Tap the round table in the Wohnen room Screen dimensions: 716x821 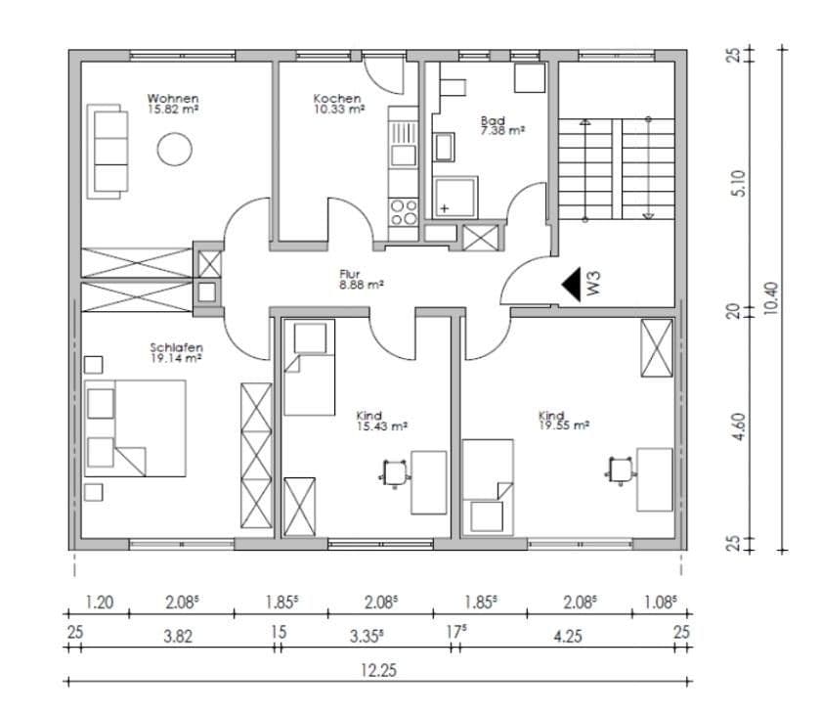pos(175,150)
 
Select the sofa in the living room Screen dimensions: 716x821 pos(110,151)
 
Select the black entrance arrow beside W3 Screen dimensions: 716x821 pos(571,285)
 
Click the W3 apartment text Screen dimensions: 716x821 pos(593,284)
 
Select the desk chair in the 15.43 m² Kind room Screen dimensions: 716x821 pos(394,471)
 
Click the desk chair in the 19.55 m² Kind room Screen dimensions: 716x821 pos(621,470)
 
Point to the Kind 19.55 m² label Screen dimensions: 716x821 pos(563,421)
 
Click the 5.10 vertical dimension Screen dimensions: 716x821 pos(739,182)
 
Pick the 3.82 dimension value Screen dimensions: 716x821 pos(177,635)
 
